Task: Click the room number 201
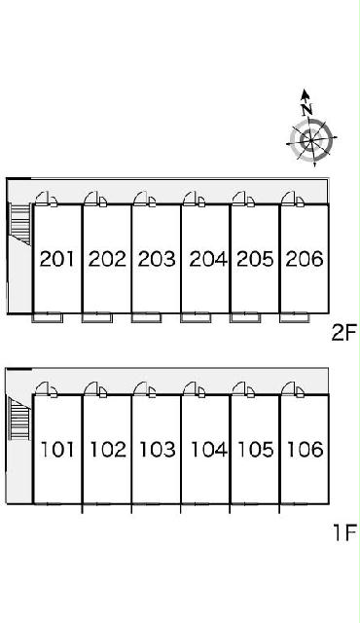click(57, 259)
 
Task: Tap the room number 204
click(208, 259)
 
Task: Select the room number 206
click(305, 259)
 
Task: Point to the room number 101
click(57, 450)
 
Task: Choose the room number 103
click(158, 450)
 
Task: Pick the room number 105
click(256, 450)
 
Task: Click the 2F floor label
click(344, 333)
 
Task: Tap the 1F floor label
click(345, 532)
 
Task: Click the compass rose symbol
click(311, 139)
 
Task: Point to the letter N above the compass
click(306, 108)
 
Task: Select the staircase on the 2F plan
click(19, 225)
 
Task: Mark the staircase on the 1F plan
click(19, 419)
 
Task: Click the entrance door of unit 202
click(95, 199)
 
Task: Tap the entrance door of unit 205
click(243, 199)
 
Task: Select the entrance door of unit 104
click(194, 389)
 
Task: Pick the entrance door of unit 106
click(293, 389)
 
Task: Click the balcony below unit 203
click(147, 317)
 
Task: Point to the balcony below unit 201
click(48, 317)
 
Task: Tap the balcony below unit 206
click(295, 317)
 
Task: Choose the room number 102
click(108, 450)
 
